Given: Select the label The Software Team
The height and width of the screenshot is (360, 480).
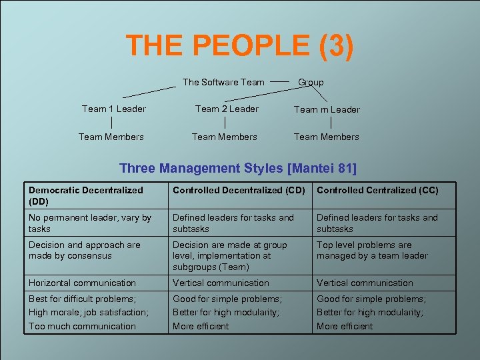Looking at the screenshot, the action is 223,82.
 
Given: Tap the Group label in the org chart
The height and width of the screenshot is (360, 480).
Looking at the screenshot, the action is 311,82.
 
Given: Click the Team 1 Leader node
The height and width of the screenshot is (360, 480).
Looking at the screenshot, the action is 114,109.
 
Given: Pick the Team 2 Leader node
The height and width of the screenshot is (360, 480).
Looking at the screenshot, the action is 227,109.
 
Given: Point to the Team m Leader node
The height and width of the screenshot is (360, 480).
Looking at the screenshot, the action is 327,109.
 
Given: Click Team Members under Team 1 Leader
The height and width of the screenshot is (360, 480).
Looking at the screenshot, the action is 111,137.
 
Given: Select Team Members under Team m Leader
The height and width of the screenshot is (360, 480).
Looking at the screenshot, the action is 327,137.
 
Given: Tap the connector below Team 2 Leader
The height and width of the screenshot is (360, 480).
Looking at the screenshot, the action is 226,123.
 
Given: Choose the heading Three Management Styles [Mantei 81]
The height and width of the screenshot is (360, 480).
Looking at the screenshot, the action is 238,169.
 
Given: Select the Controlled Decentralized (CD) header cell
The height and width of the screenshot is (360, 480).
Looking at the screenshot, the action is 239,190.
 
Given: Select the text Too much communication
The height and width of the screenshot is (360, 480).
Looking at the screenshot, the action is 82,326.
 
